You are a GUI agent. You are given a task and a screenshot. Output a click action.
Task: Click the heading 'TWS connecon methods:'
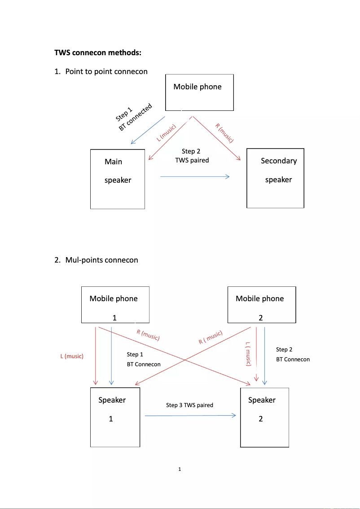click(98, 53)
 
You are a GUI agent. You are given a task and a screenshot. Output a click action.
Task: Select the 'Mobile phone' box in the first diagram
click(199, 92)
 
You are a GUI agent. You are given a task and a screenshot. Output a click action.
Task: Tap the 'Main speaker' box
click(118, 179)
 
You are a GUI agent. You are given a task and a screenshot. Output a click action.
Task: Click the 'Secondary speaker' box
click(276, 178)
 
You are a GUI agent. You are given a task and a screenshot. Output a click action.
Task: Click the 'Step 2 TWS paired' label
click(192, 156)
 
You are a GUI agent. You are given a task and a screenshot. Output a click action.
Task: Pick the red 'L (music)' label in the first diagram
click(166, 133)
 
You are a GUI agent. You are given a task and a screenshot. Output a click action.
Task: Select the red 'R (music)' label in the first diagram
click(224, 132)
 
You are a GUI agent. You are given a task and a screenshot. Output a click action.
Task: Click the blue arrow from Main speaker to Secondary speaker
click(194, 177)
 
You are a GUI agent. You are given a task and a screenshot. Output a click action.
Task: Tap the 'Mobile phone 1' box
click(115, 304)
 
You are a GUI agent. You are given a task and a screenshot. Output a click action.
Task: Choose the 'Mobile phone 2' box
click(262, 304)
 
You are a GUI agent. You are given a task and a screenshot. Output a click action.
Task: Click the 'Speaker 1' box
click(115, 417)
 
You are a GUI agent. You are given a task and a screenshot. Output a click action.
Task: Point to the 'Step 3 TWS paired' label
click(189, 405)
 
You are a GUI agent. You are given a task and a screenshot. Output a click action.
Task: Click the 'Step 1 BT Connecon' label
click(143, 360)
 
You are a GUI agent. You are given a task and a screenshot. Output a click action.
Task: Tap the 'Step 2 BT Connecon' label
click(293, 354)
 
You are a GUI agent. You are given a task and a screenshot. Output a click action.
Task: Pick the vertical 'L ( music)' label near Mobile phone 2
click(248, 354)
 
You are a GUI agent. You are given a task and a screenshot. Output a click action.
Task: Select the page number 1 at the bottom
click(180, 470)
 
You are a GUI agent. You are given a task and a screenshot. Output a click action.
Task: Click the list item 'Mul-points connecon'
click(101, 260)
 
